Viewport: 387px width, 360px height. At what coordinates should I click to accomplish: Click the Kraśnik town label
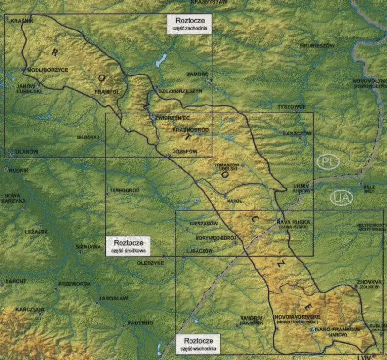tap(20, 21)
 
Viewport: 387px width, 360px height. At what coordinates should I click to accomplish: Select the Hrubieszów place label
tap(317, 46)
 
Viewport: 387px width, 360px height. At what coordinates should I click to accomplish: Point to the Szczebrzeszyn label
tap(180, 90)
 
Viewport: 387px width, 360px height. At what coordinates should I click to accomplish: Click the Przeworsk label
tap(74, 284)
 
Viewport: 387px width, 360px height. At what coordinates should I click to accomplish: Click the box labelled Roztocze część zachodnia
tap(190, 23)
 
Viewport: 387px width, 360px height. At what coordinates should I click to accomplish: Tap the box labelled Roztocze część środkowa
tap(128, 246)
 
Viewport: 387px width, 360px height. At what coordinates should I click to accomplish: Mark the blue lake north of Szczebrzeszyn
tap(162, 60)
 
